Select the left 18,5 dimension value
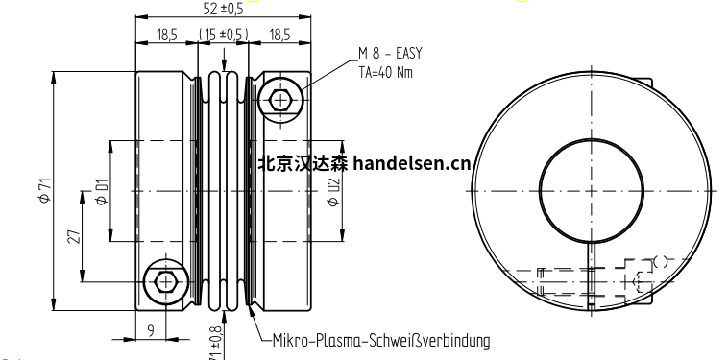[167, 36]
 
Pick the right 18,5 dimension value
[279, 36]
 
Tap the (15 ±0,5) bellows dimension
[224, 36]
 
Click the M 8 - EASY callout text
[390, 54]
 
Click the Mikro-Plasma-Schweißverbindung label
[381, 340]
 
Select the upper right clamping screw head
[281, 100]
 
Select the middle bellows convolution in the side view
[225, 192]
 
